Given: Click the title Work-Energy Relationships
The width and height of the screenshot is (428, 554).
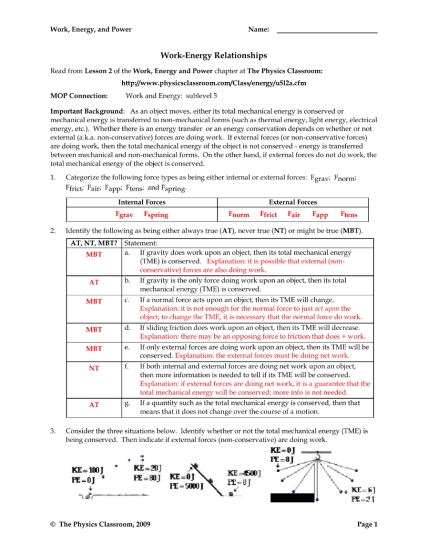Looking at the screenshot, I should point(214,55).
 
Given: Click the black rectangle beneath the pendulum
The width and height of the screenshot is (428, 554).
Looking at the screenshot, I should point(293,496).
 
